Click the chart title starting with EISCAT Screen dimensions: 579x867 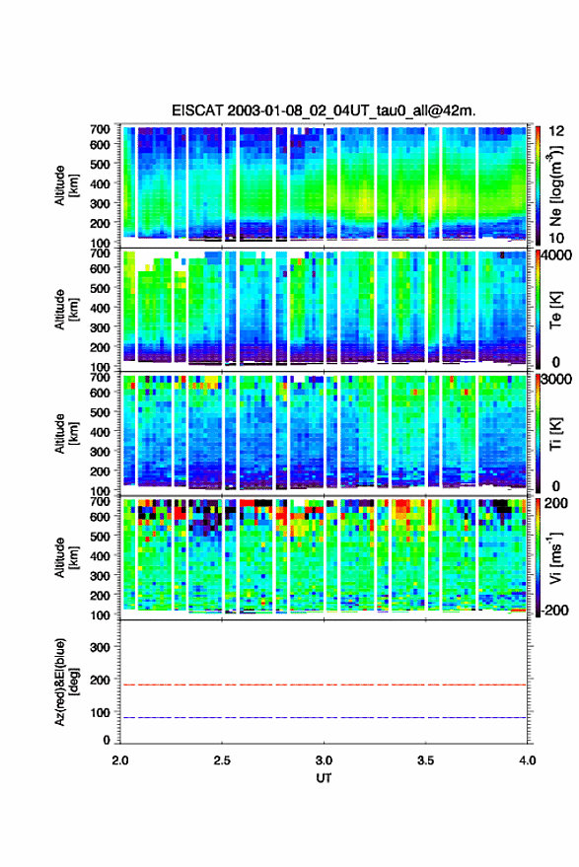pos(324,110)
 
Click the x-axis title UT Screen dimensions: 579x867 pos(324,778)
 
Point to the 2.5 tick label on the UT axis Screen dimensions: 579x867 pos(222,760)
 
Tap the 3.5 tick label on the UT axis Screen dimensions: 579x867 pos(425,760)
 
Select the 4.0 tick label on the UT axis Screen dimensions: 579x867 pos(527,760)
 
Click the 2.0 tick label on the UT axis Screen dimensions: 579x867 pos(120,760)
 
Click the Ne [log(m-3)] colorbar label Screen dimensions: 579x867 pos(556,185)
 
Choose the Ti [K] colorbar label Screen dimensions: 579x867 pos(555,434)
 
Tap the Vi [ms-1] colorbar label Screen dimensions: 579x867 pos(555,557)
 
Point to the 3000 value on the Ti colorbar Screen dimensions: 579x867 pos(555,380)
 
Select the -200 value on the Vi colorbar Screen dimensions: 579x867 pos(553,610)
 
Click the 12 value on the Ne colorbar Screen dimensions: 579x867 pos(556,131)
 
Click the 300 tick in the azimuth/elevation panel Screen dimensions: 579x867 pos(100,647)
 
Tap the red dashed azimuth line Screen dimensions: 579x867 pos(324,685)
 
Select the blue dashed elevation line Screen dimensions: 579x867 pos(324,717)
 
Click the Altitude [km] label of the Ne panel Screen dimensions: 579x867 pos(66,185)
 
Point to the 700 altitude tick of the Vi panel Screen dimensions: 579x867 pos(100,501)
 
